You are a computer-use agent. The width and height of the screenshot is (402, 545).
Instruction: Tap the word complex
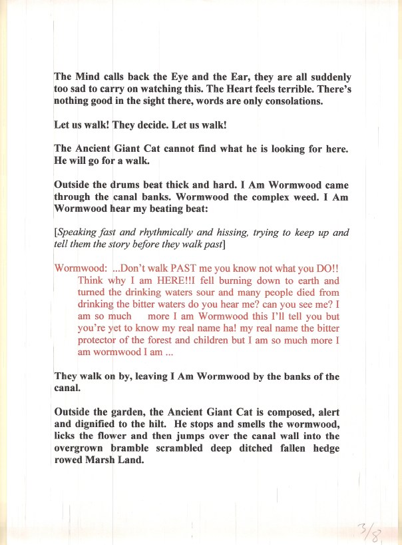pyautogui.click(x=250, y=197)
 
